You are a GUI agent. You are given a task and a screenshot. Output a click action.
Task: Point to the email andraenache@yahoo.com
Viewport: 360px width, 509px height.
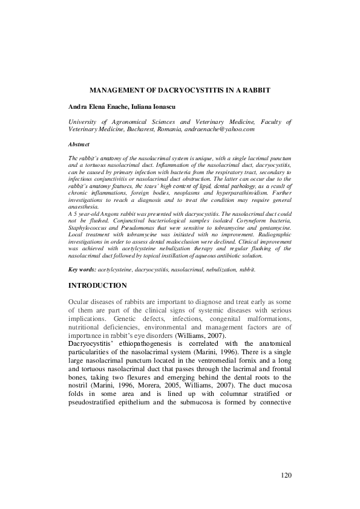[224, 129]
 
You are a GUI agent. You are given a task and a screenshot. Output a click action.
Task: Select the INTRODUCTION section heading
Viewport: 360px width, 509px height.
[97, 285]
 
